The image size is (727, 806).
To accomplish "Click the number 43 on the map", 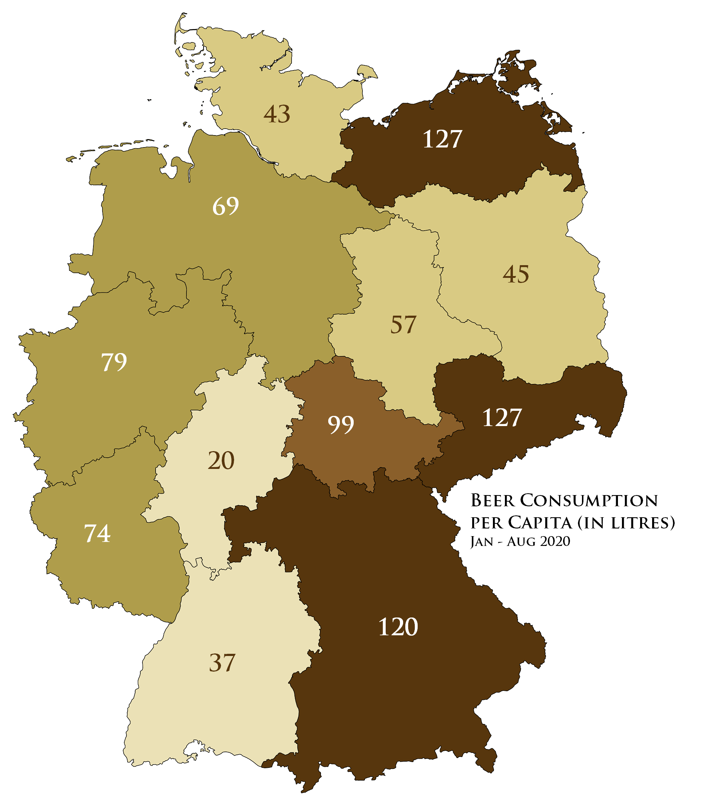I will (x=277, y=114).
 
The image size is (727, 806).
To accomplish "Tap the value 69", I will (x=226, y=206).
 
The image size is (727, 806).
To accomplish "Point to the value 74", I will (x=97, y=533).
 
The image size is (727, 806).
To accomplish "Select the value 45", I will (x=516, y=274).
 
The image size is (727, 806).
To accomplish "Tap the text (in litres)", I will (x=621, y=523).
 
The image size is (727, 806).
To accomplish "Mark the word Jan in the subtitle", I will (x=482, y=542).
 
